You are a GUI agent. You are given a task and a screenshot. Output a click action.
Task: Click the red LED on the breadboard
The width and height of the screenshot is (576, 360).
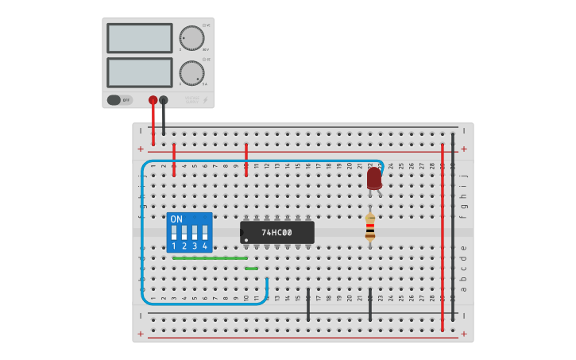point(374,178)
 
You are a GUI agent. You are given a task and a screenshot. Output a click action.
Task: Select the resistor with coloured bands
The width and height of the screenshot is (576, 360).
point(369,227)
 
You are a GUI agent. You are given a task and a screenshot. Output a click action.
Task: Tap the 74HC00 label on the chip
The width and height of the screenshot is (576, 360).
point(276,233)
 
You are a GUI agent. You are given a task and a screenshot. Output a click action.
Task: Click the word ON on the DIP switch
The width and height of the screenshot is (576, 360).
point(176,219)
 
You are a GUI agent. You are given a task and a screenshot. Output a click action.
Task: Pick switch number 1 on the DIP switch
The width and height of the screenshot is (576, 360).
point(174,234)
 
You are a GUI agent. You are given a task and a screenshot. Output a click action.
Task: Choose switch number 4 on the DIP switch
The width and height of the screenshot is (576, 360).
point(205,234)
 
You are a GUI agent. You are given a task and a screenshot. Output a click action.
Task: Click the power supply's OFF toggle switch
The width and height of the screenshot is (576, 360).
point(114,100)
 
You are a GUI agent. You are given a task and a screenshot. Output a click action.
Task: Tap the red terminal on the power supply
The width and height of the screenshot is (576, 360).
point(153,100)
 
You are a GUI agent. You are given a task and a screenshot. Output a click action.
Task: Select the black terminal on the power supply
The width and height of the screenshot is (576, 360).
point(164,100)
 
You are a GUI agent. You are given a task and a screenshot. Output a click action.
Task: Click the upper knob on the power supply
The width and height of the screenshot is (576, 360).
point(191,37)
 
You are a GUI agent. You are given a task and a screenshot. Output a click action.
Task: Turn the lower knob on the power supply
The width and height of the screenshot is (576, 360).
point(191,72)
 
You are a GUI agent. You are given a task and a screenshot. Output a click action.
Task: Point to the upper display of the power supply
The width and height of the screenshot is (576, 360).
point(140,38)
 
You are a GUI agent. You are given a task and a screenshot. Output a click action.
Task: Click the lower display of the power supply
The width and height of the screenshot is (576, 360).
point(140,72)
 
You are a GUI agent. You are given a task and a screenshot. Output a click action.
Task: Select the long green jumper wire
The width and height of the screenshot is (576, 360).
point(210,257)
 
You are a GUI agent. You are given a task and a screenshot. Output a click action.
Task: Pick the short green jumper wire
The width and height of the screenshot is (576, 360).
point(251,269)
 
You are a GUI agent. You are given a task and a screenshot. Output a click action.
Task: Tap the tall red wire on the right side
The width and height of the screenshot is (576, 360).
point(443,238)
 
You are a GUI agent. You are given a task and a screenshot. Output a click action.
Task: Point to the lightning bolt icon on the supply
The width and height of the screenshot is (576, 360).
point(206,100)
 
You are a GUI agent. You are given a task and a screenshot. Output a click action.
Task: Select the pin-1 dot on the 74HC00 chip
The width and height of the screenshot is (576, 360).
point(246,239)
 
